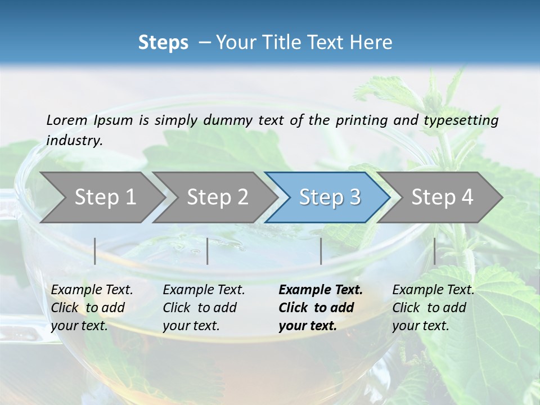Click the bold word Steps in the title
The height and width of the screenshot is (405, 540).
[x=163, y=43]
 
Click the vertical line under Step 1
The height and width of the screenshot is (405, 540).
[x=95, y=251]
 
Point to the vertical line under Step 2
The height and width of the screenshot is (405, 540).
[x=208, y=251]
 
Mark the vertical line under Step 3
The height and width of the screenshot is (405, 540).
[x=321, y=251]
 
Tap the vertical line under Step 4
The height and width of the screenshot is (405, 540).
[x=434, y=251]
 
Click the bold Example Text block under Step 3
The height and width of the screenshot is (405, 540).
[x=320, y=308]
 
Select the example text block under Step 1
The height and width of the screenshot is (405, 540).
[x=92, y=308]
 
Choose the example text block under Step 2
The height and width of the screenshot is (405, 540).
[x=204, y=308]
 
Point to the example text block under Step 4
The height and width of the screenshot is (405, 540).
[x=433, y=308]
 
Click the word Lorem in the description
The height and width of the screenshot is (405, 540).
[x=66, y=120]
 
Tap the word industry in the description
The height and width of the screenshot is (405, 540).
[x=74, y=141]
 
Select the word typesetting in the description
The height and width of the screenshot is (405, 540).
[x=465, y=120]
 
